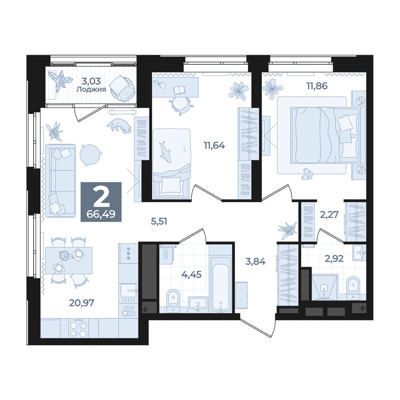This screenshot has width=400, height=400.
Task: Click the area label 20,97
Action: tap(82, 303)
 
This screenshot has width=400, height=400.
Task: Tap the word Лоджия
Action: tap(91, 90)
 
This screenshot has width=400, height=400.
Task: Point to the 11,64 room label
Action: tap(214, 146)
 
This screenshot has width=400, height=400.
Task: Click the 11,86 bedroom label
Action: tap(317, 86)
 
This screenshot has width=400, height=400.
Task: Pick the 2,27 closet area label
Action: tap(329, 215)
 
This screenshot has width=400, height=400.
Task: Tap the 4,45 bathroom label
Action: tap(191, 274)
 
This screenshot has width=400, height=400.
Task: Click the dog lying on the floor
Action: tap(119, 126)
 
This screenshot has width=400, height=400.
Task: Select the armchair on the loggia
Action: tap(122, 88)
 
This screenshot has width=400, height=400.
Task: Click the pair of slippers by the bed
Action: tap(307, 174)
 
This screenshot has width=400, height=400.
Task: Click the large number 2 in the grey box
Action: tap(101, 197)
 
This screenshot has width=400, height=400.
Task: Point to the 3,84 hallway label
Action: tap(255, 261)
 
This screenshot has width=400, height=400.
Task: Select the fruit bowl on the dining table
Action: tap(64, 256)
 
